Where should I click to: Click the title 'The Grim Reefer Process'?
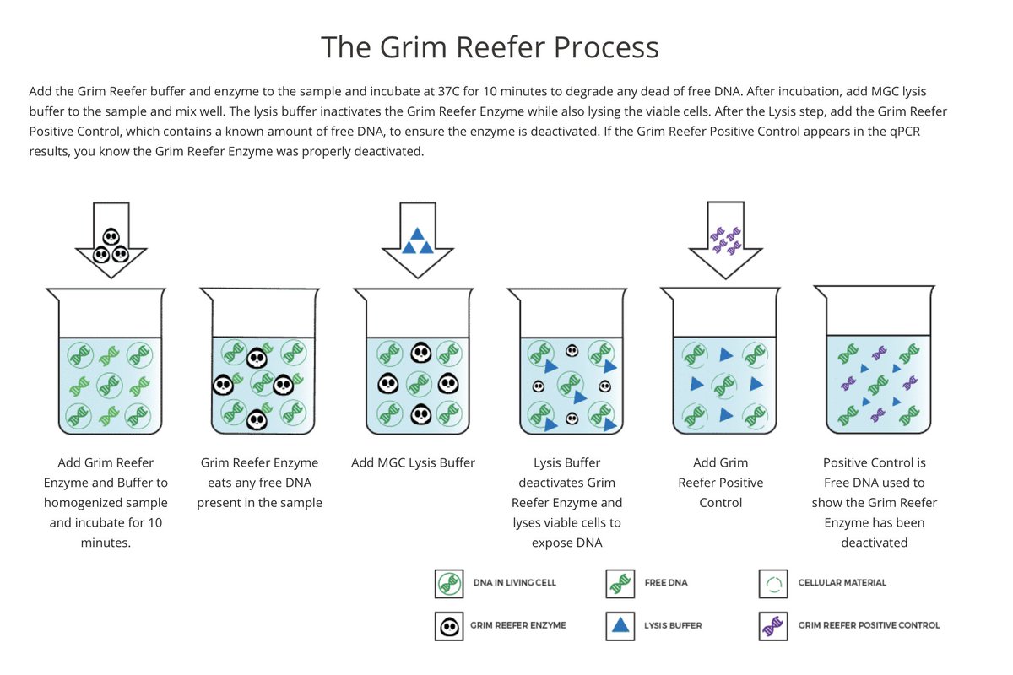tap(490, 46)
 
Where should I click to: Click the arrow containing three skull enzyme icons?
tap(111, 240)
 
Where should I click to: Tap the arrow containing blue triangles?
tap(418, 240)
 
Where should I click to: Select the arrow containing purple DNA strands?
tap(725, 240)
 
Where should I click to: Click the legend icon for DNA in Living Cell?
tap(449, 583)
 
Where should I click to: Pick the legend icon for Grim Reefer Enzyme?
tap(449, 626)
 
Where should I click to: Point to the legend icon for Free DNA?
tap(620, 583)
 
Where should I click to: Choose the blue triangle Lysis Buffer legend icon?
tap(620, 626)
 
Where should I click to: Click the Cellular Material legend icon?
tap(773, 583)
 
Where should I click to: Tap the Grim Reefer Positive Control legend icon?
tap(773, 626)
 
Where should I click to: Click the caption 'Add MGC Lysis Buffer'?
tap(413, 462)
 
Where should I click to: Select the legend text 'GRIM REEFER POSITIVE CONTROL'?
tap(869, 626)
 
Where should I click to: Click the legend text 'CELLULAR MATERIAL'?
tap(842, 583)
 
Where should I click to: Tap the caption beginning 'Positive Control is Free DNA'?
tap(874, 503)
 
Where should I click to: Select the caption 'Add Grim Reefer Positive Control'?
tap(720, 483)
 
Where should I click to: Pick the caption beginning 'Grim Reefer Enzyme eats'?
tap(259, 483)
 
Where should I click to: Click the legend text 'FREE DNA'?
tap(666, 583)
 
